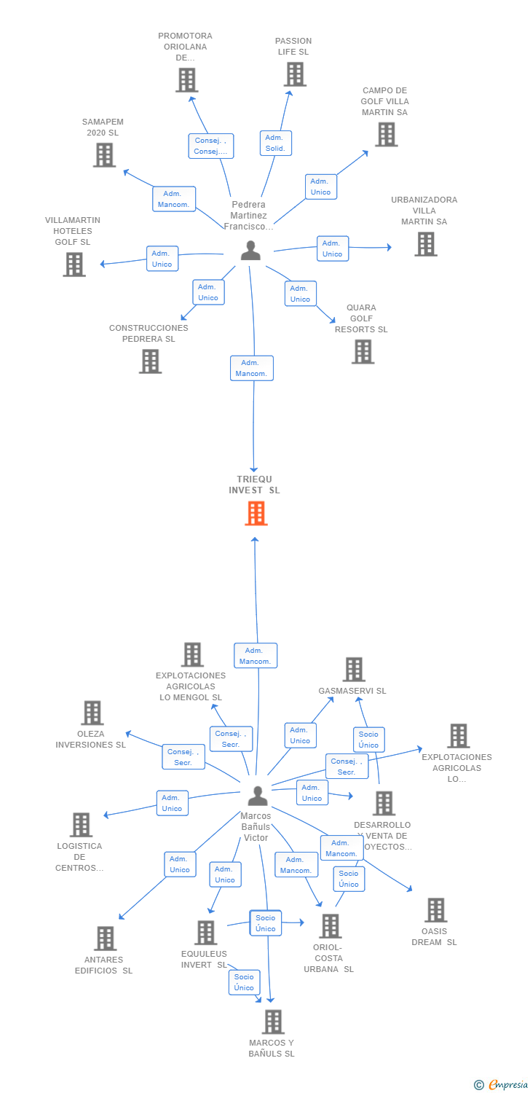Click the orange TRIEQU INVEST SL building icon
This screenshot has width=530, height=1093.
pyautogui.click(x=256, y=513)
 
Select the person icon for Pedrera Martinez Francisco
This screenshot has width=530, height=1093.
pyautogui.click(x=250, y=250)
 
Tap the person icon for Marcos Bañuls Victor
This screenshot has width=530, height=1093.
pyautogui.click(x=257, y=796)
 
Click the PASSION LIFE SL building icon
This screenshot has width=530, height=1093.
pyautogui.click(x=295, y=74)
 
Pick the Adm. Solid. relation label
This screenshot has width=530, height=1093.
pyautogui.click(x=275, y=143)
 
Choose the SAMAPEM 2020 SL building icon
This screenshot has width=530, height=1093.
pyautogui.click(x=104, y=154)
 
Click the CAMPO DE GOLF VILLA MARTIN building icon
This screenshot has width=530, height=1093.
pyautogui.click(x=386, y=134)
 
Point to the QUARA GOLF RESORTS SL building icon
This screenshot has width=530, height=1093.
pyautogui.click(x=363, y=351)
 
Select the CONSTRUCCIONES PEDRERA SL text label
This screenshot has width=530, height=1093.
pyautogui.click(x=149, y=333)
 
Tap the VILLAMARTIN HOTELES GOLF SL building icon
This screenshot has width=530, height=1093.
pyautogui.click(x=74, y=264)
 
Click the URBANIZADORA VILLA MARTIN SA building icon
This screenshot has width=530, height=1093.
pyautogui.click(x=425, y=244)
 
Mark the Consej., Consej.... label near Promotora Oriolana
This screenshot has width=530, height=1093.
pyautogui.click(x=210, y=146)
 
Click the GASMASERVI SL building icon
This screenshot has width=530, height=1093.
pyautogui.click(x=353, y=669)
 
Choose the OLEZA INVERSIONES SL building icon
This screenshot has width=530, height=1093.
pyautogui.click(x=92, y=713)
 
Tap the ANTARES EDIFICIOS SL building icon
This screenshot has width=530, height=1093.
pyautogui.click(x=105, y=938)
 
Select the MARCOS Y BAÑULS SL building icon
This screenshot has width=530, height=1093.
pyautogui.click(x=272, y=1022)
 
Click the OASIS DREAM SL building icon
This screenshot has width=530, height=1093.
pyautogui.click(x=435, y=909)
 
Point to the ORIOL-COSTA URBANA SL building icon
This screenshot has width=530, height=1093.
pyautogui.click(x=330, y=926)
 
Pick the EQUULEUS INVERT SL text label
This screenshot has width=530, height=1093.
pyautogui.click(x=204, y=959)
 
